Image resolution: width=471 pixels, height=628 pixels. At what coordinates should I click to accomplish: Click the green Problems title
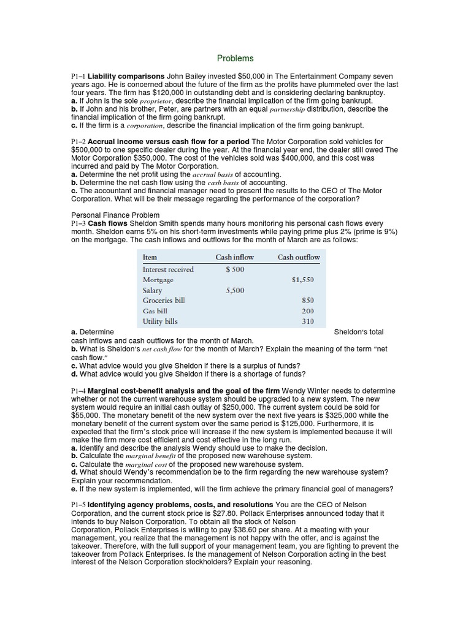click(235, 58)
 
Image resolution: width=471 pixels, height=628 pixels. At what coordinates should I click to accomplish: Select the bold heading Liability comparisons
click(127, 76)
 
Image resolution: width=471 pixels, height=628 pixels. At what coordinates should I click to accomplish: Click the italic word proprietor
click(157, 101)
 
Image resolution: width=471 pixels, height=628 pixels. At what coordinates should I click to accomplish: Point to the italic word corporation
click(145, 125)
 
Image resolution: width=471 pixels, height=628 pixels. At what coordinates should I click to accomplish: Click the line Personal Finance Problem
click(115, 215)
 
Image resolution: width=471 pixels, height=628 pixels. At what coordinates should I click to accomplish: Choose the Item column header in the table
click(150, 257)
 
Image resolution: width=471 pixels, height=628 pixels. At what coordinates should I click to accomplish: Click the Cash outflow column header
click(299, 257)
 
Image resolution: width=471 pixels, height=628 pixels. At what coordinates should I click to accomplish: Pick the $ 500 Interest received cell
click(235, 269)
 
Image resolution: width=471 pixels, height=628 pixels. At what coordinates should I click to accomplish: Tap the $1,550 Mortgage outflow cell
click(303, 279)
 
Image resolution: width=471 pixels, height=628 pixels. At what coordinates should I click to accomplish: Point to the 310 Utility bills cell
click(307, 321)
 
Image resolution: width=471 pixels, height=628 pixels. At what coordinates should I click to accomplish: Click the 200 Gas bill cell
click(307, 311)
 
